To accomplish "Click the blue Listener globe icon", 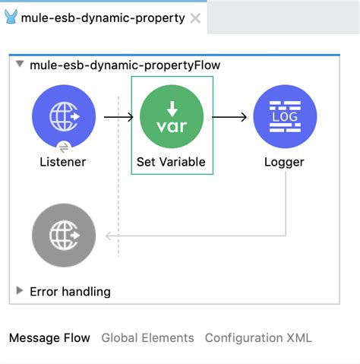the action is [x=64, y=116].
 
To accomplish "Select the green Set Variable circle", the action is [x=172, y=116].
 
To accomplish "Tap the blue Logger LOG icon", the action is [x=285, y=116].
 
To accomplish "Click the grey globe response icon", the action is [x=64, y=235].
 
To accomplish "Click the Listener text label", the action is [x=63, y=162].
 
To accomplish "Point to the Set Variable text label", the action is [x=171, y=162].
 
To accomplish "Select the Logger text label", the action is [x=284, y=163].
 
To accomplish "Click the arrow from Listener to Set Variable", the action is [x=118, y=117].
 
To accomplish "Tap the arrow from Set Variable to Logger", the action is [x=229, y=117].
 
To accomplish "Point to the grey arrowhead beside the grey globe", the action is [x=109, y=236].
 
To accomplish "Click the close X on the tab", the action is [x=195, y=18].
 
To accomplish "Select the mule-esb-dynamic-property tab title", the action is [x=103, y=18].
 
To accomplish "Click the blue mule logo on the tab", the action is [x=11, y=17].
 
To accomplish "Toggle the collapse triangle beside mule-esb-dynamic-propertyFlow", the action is [x=20, y=64].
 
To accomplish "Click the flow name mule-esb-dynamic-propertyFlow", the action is [x=125, y=65].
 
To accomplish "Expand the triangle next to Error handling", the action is [x=20, y=291].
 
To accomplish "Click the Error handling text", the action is [x=70, y=292].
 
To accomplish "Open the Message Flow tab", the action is [x=49, y=338].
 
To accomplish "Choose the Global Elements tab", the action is [x=147, y=338].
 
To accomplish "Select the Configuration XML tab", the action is [x=258, y=338].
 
